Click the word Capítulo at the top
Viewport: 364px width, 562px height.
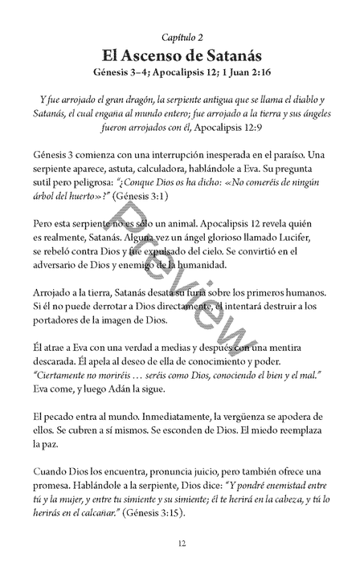[177, 38]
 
